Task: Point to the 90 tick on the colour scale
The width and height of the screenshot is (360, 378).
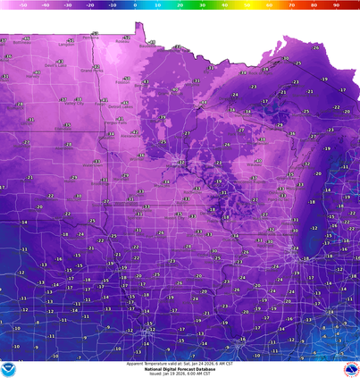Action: coord(335,4)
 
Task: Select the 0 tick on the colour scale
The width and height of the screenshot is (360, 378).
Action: coord(136,4)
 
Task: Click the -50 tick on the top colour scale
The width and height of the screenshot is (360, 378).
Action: coord(24,4)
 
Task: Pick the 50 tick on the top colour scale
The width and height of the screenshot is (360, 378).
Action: coord(247,4)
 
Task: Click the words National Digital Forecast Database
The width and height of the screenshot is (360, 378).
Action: coord(180,368)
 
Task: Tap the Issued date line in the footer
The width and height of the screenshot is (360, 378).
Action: coord(180,374)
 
